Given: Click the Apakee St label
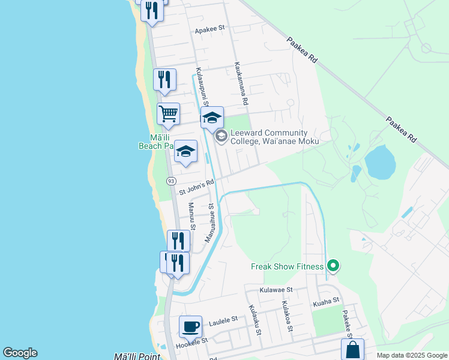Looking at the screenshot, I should (209, 28).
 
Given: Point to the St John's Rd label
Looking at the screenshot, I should (197, 187).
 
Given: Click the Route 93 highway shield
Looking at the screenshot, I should (172, 181).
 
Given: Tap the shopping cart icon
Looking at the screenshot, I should (169, 113).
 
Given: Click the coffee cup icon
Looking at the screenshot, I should (190, 327).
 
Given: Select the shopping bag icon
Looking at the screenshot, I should (352, 350).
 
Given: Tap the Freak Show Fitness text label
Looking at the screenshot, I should (288, 266).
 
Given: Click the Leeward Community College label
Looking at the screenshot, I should (269, 137).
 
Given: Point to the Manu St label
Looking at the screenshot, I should (192, 216).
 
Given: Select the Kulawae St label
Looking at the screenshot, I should (276, 289).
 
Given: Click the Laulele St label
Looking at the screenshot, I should (223, 322).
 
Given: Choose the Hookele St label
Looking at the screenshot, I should (191, 344).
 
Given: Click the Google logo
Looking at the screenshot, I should (20, 353).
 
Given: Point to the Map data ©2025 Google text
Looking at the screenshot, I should (412, 355).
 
